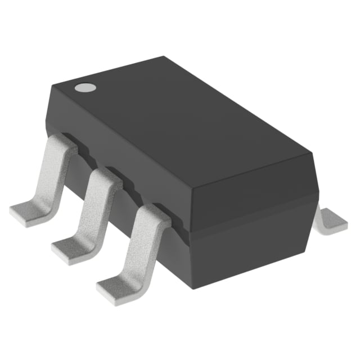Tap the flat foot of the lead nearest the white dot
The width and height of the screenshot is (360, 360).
point(28,214)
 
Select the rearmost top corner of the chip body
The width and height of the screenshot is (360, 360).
point(163,57)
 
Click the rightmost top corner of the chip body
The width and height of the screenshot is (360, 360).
point(311,152)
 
